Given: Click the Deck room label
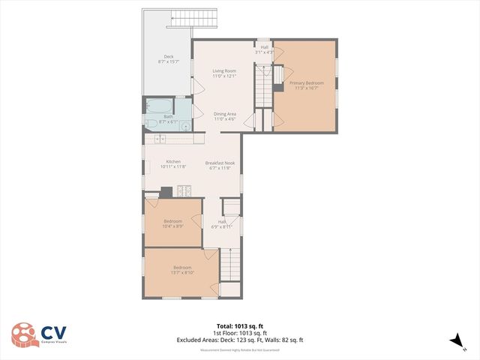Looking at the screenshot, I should click(169, 56).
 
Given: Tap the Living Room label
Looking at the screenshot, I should click(224, 70).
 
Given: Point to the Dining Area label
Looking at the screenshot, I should click(225, 113).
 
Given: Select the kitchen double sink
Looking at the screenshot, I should click(160, 139).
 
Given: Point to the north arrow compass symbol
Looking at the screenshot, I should click(454, 341).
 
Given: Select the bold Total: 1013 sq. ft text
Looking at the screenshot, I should click(239, 326).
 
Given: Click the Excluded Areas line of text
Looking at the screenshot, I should click(239, 340).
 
